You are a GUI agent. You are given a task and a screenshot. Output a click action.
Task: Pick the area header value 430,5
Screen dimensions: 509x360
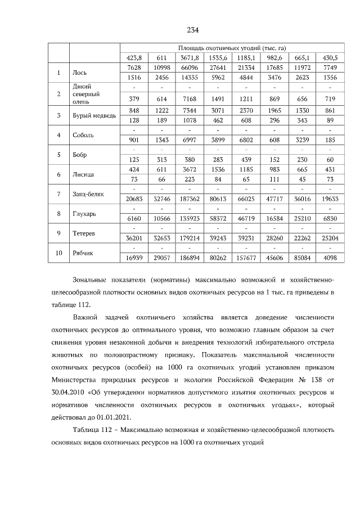point(330,58)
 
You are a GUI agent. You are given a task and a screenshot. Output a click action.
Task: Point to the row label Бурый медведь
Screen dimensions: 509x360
point(94,115)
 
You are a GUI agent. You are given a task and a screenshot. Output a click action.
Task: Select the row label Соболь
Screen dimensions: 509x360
point(83,136)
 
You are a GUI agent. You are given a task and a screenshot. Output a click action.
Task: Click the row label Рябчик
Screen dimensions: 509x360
point(84,253)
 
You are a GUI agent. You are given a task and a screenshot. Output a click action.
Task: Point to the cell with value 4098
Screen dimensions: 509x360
point(330,258)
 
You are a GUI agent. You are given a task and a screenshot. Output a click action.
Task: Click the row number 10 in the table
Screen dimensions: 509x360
point(58,253)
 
